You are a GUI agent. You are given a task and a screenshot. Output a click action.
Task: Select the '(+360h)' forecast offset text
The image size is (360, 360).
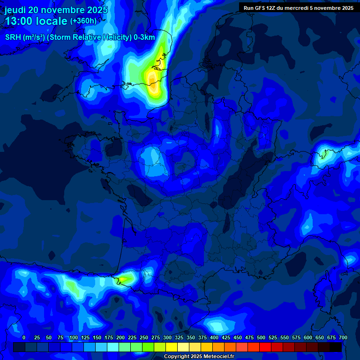(x=83, y=21)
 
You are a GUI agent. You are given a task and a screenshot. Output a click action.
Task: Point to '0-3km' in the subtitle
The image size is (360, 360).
(x=144, y=37)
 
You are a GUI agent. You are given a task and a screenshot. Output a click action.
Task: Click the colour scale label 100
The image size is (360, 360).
(x=74, y=338)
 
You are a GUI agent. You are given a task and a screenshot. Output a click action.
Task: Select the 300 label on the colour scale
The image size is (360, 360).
(x=167, y=338)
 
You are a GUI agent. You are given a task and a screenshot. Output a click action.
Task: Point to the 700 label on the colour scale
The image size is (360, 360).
(x=343, y=338)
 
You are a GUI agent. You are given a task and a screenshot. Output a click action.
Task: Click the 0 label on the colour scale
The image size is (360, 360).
(x=24, y=338)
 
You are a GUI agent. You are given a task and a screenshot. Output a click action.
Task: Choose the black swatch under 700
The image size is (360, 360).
(x=336, y=347)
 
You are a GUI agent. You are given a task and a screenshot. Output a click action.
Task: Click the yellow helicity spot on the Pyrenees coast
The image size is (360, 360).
(x=123, y=279)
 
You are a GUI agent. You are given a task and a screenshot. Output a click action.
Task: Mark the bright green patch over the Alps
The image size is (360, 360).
(x=322, y=154)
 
